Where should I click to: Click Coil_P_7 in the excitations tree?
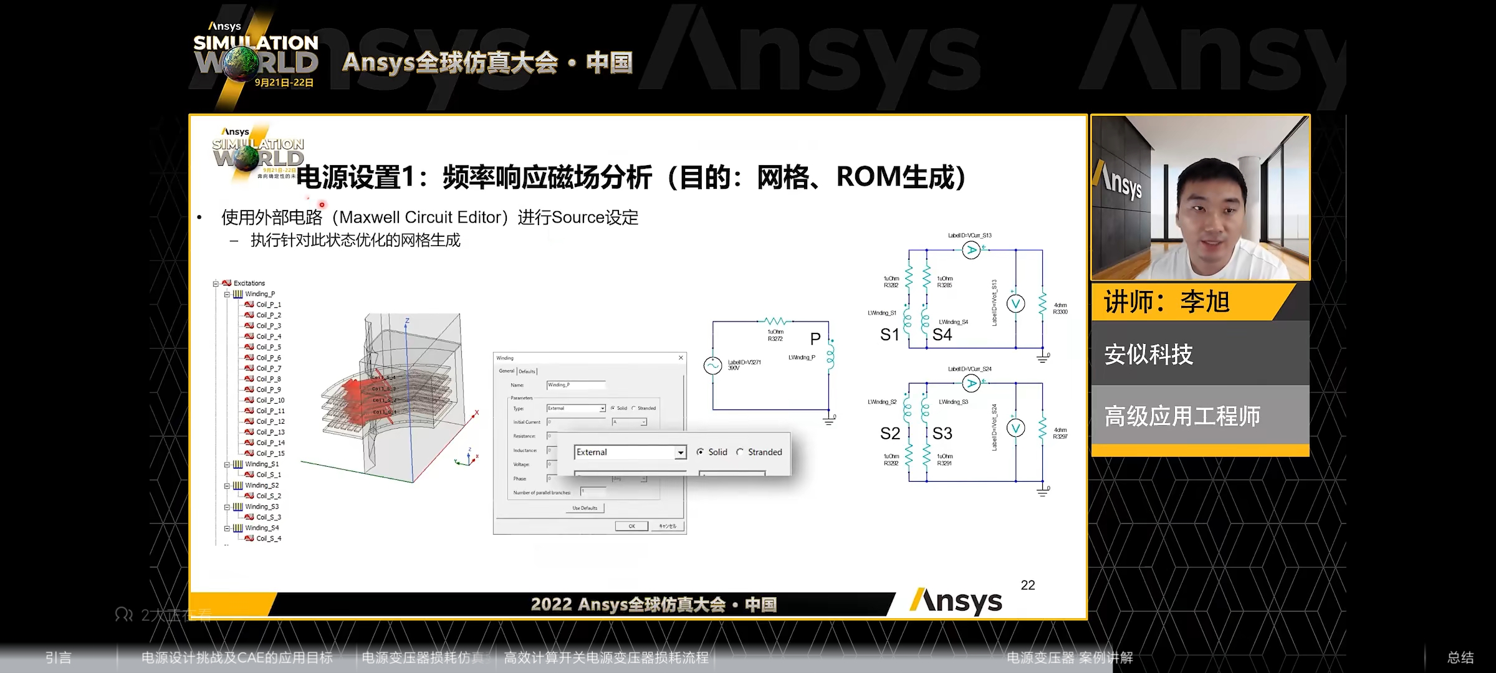point(269,368)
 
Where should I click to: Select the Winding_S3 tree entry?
point(262,507)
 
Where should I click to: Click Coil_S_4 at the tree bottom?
point(269,538)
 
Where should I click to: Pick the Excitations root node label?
point(249,283)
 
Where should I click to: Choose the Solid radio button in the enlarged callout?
point(701,452)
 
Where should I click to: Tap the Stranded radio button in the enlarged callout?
point(740,452)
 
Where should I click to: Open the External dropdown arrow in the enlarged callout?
point(681,452)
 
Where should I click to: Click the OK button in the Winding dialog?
point(631,526)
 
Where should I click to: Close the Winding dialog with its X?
point(681,358)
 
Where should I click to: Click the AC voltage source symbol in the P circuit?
point(712,365)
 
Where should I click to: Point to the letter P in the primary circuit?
point(815,339)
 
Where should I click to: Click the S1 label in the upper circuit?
point(889,335)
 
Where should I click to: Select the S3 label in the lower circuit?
point(942,433)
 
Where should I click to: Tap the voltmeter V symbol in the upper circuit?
point(1015,303)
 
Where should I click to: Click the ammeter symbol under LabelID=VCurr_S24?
point(971,383)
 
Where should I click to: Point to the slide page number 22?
point(1028,585)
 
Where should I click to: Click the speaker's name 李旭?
point(1204,302)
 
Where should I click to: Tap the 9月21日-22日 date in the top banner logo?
point(284,82)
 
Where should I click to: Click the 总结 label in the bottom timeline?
point(1460,657)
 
